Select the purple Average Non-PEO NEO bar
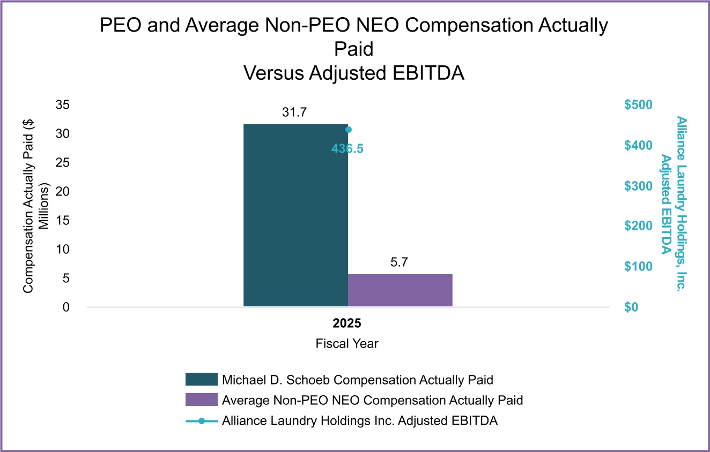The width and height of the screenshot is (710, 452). pos(400,290)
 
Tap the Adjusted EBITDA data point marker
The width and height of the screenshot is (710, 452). pos(348,130)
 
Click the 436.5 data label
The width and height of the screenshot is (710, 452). pos(347,149)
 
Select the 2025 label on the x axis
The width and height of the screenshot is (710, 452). pos(347,324)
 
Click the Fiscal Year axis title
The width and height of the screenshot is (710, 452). pos(347,343)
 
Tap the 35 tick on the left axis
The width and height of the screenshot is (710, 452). pos(63,105)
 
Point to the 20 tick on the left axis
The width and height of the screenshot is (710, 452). pos(63,192)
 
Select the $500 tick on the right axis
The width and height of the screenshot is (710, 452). pos(638,105)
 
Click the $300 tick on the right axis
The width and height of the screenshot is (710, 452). pos(638,186)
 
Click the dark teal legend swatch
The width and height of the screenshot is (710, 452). pos(201,379)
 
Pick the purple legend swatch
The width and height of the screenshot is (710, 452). pos(201,400)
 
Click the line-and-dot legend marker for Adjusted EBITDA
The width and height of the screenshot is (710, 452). pos(201,421)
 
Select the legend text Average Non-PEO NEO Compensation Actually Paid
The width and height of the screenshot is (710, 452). pos(372,400)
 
